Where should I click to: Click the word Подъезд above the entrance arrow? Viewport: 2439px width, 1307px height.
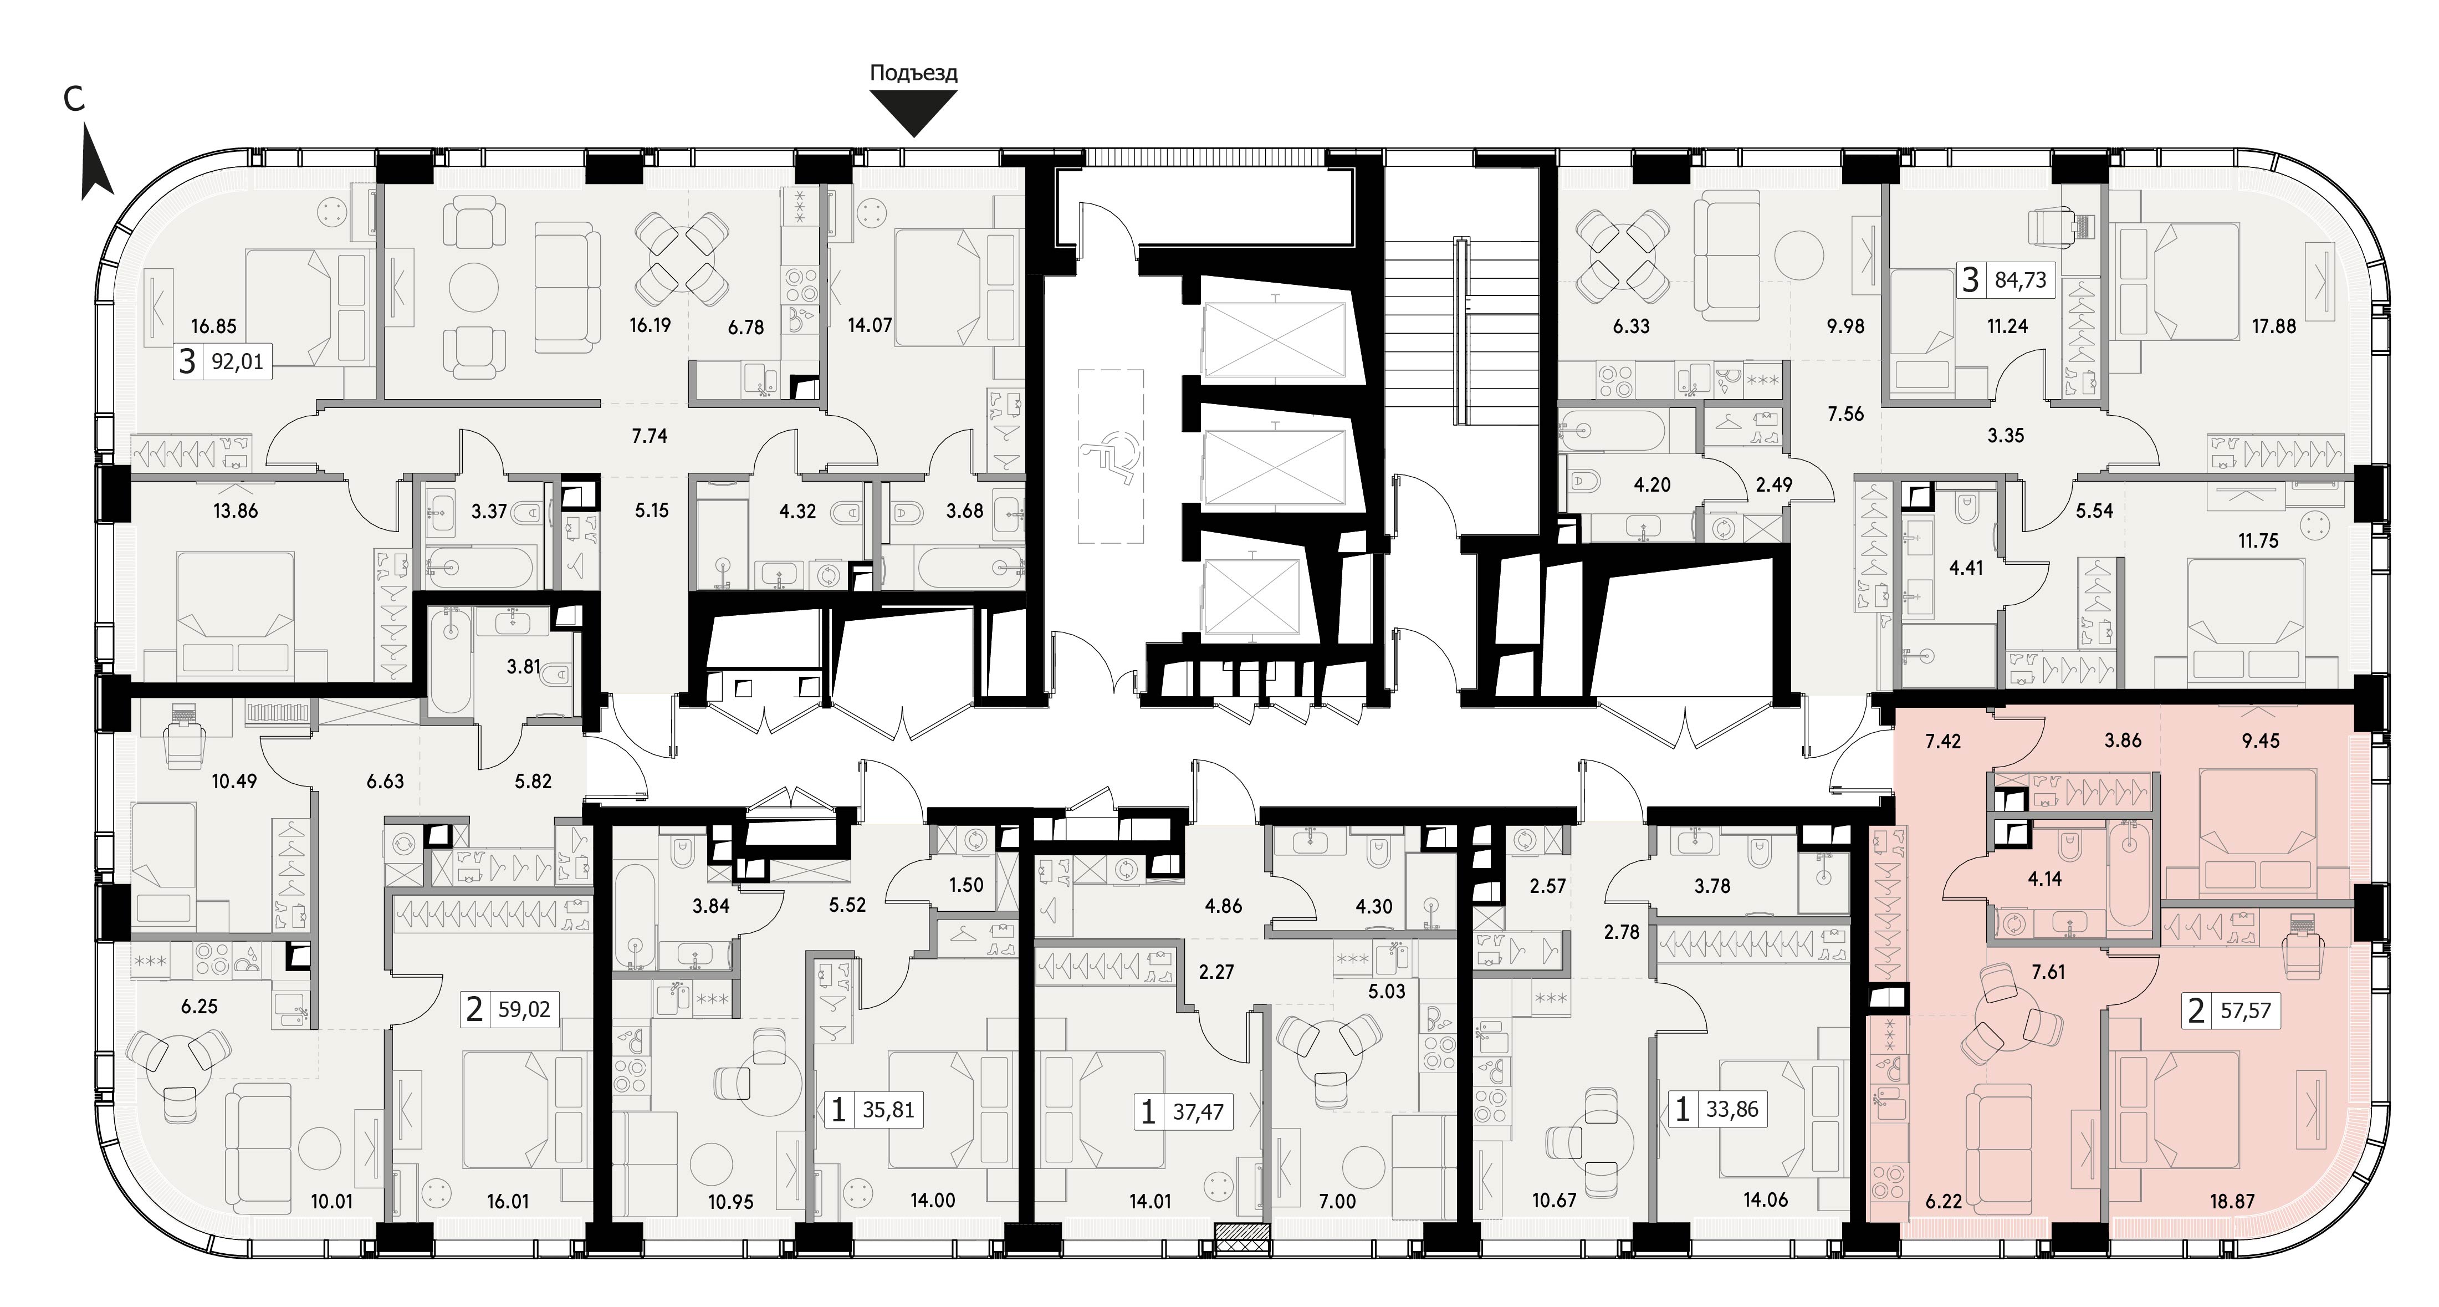click(x=914, y=73)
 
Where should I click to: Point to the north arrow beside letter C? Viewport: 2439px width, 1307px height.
click(x=96, y=166)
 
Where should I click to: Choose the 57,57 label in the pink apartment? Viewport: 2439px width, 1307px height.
click(x=2245, y=1012)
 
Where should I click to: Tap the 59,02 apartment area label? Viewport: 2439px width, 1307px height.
click(x=524, y=1009)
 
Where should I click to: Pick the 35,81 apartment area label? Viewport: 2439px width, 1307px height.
click(x=888, y=1109)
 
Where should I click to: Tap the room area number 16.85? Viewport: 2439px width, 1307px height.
click(x=213, y=327)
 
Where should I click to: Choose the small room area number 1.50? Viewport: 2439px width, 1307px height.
click(x=966, y=886)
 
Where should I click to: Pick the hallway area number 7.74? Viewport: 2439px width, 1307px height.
click(x=650, y=437)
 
